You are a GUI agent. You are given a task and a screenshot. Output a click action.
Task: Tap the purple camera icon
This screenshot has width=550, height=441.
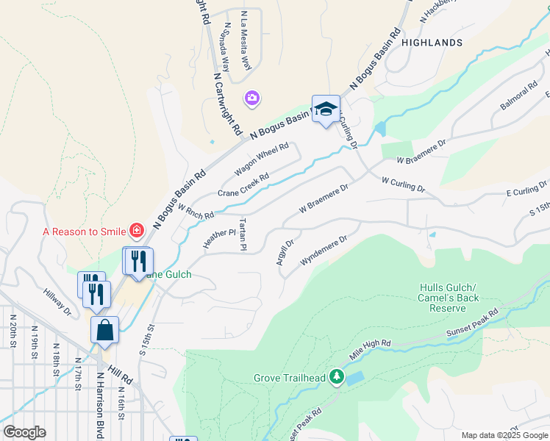click(252, 98)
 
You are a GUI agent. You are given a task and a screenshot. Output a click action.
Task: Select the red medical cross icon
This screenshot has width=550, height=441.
click(136, 232)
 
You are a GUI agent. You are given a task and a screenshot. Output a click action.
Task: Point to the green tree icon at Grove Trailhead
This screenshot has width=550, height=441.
click(337, 378)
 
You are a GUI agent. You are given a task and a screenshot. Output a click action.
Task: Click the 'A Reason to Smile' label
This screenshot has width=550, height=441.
click(84, 232)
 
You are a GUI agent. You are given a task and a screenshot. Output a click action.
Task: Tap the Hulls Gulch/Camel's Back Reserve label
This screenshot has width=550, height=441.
click(449, 298)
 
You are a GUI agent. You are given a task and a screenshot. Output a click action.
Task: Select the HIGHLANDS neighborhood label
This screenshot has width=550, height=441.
click(432, 43)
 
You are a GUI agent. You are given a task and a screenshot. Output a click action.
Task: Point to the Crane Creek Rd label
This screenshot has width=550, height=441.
click(243, 185)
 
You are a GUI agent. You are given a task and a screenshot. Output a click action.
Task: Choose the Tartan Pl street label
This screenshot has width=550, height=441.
click(242, 234)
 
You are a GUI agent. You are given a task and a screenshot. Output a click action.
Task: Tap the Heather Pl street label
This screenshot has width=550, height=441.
click(220, 239)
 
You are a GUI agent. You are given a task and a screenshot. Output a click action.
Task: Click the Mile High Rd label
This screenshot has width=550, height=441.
click(371, 348)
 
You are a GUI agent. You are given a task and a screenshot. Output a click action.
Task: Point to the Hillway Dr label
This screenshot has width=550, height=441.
click(57, 302)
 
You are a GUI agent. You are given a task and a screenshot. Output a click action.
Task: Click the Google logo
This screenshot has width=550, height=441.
click(24, 432)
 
